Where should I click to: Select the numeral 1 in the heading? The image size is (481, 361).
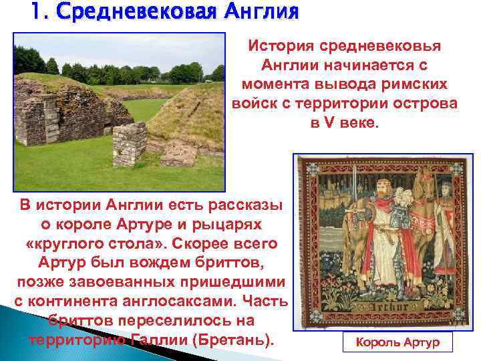click(x=35, y=12)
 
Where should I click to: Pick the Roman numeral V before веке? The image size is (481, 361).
click(x=333, y=124)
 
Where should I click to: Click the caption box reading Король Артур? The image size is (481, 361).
click(x=397, y=343)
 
